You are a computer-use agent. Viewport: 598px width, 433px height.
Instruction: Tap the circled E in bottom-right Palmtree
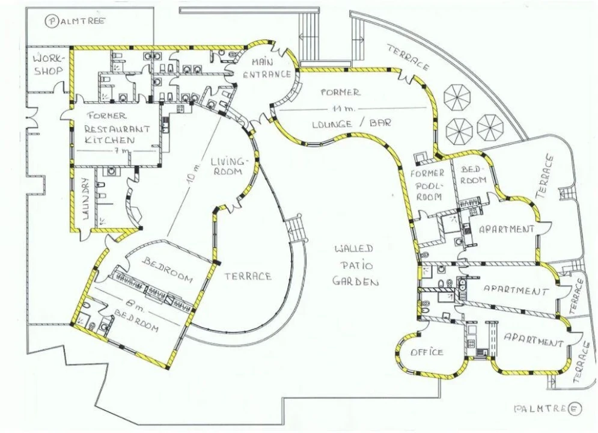pos(575,410)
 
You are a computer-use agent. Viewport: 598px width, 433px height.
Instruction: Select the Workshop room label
pos(49,64)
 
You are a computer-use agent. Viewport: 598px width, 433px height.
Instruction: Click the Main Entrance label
pos(267,69)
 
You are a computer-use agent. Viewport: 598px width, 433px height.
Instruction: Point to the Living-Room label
pos(228,165)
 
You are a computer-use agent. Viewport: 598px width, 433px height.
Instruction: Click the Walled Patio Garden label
pos(355,266)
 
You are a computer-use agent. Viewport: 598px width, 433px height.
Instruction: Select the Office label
pos(427,352)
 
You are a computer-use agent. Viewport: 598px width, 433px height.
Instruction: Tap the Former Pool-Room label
pos(429,185)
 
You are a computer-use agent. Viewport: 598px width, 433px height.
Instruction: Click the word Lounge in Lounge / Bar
pos(332,124)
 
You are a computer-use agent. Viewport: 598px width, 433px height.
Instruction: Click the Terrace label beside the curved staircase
pos(248,276)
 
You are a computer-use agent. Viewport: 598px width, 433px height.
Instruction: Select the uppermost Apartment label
pos(507,229)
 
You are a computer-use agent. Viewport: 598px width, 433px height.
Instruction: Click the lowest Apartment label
pos(534,340)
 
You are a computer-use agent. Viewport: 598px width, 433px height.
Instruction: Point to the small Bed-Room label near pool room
pos(473,174)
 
